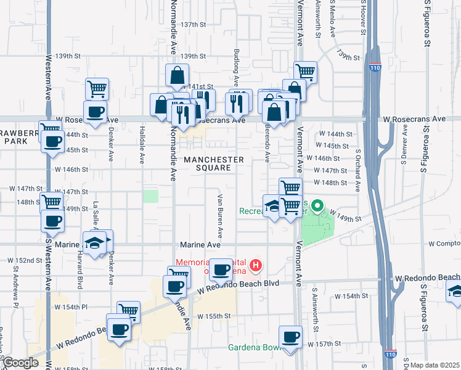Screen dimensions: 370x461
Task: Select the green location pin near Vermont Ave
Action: click(317, 206)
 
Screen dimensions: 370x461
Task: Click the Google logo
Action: click(20, 363)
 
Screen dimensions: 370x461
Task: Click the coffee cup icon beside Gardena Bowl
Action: click(290, 338)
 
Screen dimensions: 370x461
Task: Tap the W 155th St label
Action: click(214, 316)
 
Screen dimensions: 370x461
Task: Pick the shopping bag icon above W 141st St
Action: click(177, 76)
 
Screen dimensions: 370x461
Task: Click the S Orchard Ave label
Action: click(357, 163)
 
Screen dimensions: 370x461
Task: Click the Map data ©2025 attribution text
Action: click(434, 365)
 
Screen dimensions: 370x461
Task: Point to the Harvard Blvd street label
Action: click(80, 274)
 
